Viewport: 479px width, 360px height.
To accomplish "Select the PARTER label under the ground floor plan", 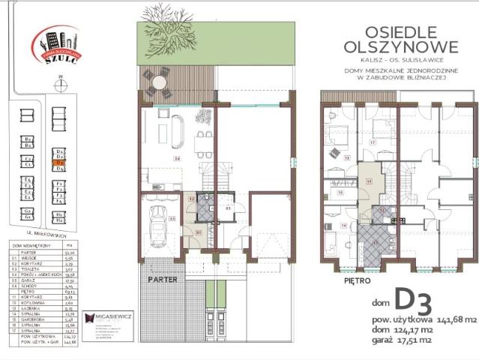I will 162,277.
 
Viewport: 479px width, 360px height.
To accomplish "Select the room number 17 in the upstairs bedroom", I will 373,141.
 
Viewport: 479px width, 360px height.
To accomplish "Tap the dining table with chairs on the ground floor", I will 199,142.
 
